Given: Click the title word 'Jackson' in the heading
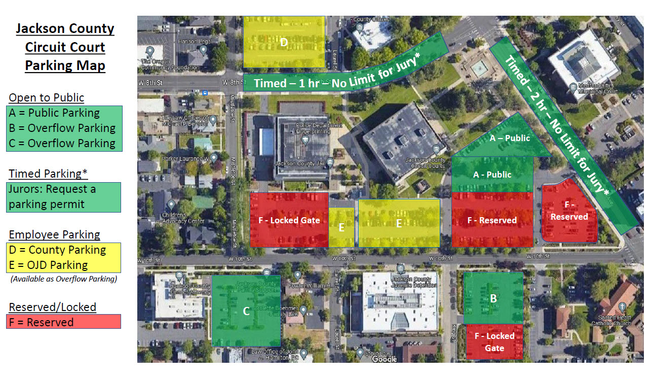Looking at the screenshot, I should tap(65, 28).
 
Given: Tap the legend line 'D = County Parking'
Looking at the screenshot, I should tap(57, 250).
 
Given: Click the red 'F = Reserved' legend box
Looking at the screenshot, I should tap(64, 322).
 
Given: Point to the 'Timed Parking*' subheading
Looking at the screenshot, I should tap(48, 174).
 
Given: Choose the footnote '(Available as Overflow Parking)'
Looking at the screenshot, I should tap(64, 279).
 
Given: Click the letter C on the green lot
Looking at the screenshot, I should tap(246, 311).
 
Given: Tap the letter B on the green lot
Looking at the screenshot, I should tap(493, 298).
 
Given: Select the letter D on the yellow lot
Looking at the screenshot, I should tap(284, 43).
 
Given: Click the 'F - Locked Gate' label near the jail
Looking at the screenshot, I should tap(289, 220).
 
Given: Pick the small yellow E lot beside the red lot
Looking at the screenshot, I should tap(341, 227).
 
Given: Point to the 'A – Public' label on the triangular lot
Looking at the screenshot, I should tap(510, 138).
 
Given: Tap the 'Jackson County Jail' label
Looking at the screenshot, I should tap(300, 164).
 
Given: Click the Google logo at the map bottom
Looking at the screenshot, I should tap(384, 359).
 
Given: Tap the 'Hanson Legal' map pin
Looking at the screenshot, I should tap(203, 50).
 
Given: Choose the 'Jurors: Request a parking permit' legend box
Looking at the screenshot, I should tap(64, 197).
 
